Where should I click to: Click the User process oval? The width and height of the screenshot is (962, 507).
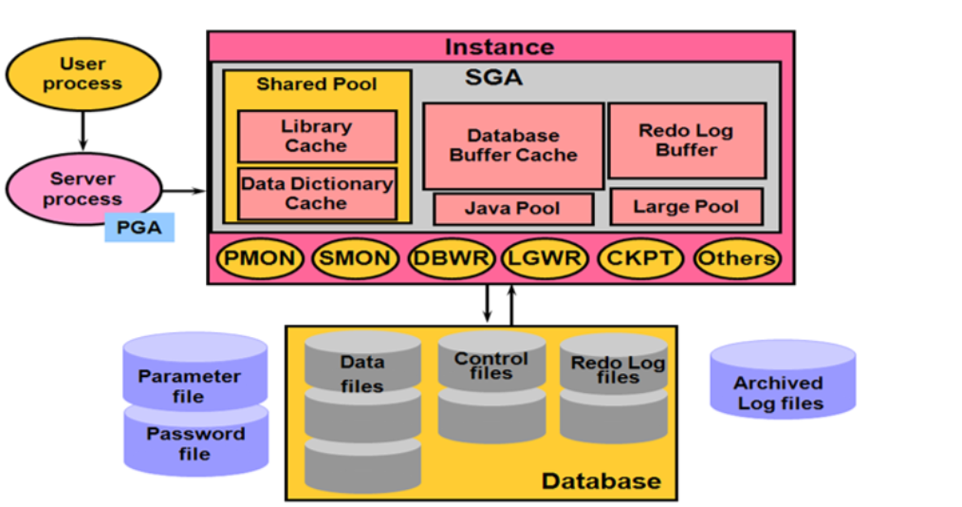click(x=83, y=74)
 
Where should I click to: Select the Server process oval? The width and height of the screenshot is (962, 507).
click(x=83, y=189)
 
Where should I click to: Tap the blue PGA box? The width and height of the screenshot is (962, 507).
click(x=139, y=228)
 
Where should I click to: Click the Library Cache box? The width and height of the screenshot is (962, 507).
click(x=316, y=136)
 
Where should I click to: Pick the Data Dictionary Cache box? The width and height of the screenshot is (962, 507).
click(x=316, y=193)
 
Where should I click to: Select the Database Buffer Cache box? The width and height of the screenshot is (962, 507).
click(x=512, y=145)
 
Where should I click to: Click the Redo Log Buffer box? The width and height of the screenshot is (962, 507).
click(x=686, y=140)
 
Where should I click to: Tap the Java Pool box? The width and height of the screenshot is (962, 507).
click(x=512, y=208)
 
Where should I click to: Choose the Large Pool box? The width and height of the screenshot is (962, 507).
click(x=686, y=206)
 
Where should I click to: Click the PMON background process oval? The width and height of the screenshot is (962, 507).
click(x=260, y=257)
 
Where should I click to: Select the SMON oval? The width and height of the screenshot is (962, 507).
click(x=355, y=257)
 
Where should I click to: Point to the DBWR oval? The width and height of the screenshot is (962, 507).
click(x=451, y=257)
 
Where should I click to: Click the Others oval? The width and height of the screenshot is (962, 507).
click(x=736, y=257)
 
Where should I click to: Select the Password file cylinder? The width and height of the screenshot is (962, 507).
click(x=194, y=442)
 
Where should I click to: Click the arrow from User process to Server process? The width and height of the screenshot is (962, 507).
click(x=83, y=131)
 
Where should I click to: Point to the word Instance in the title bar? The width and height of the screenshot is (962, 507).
click(x=499, y=47)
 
